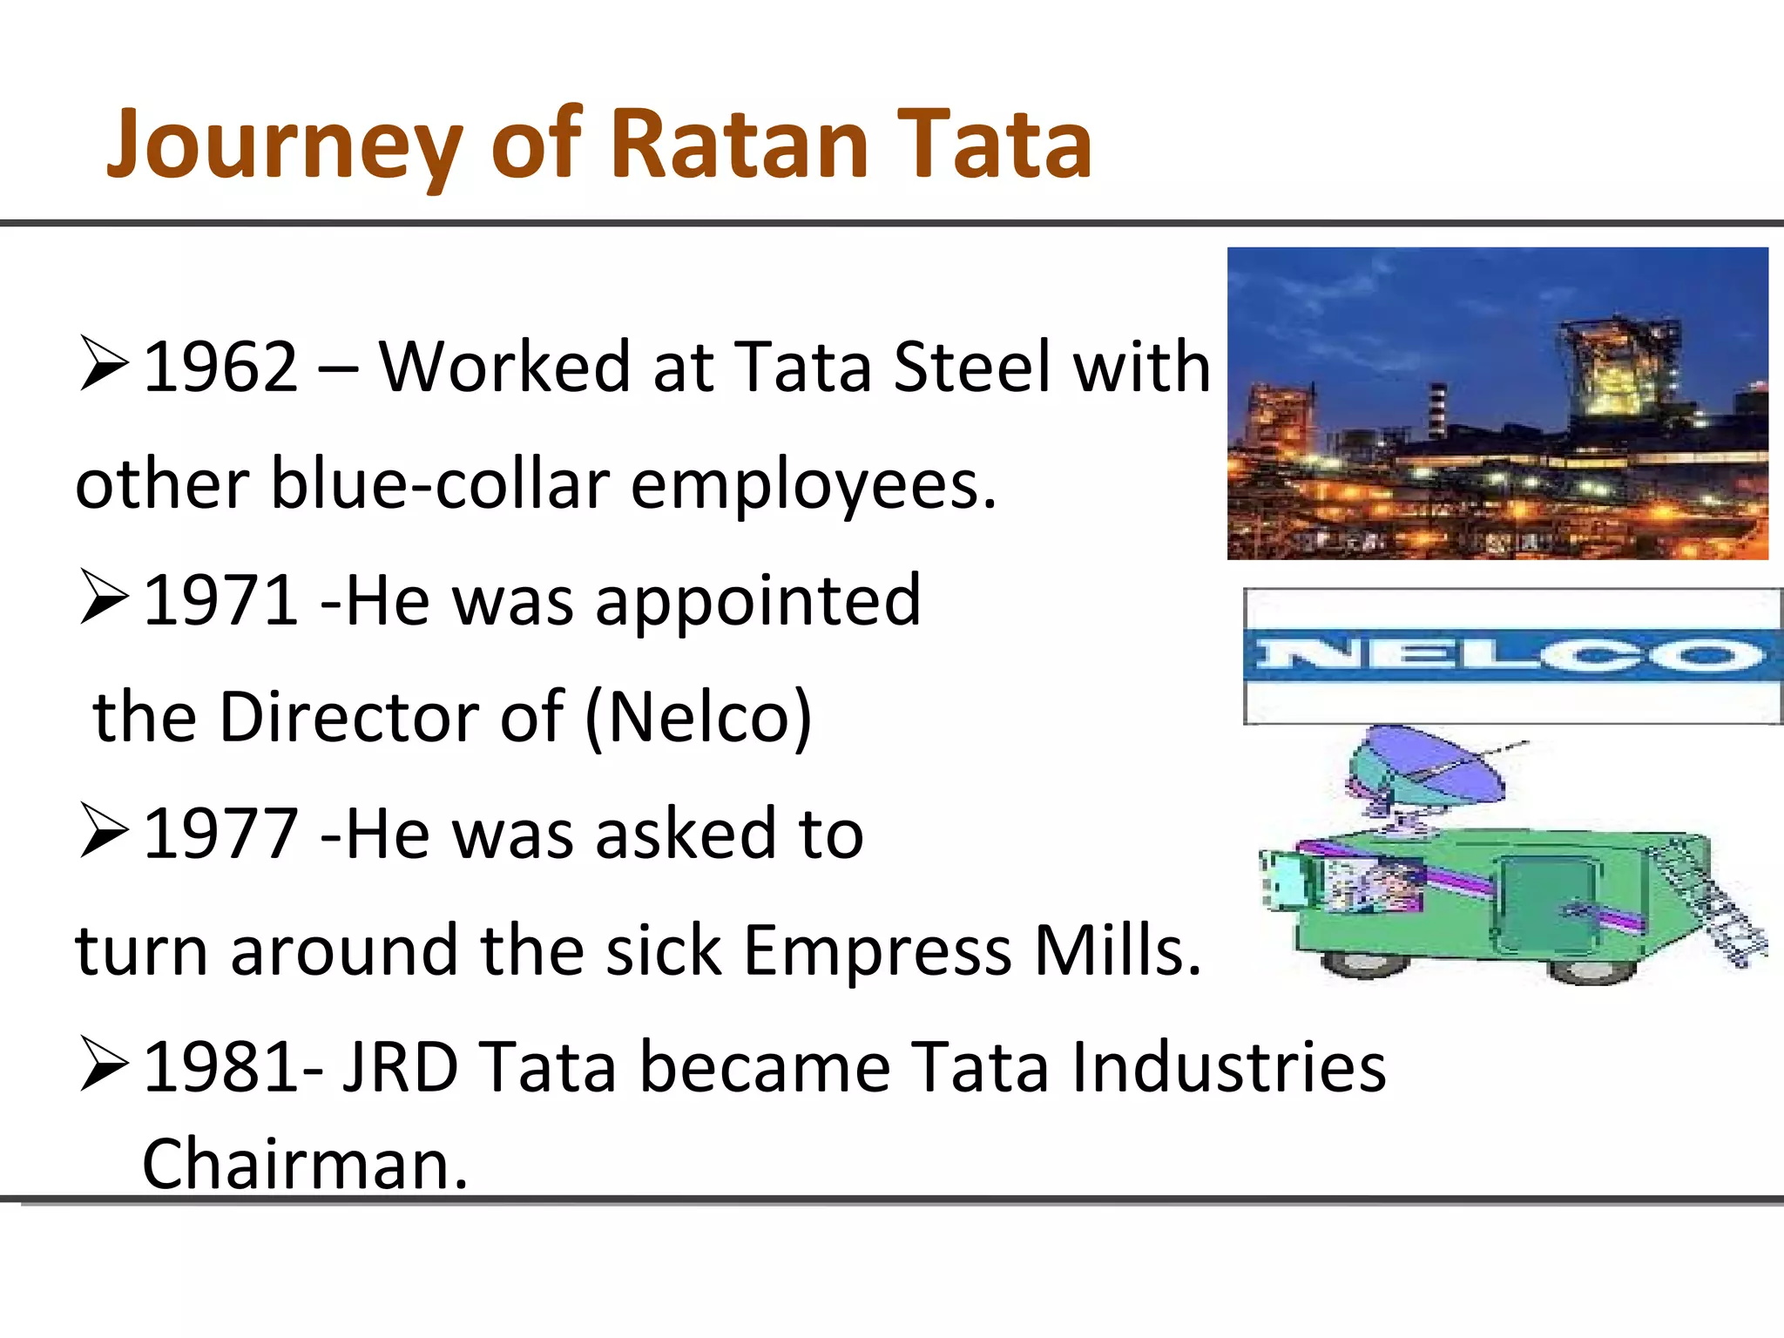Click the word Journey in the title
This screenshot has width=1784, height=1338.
coord(284,144)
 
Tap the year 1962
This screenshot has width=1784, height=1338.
coord(220,368)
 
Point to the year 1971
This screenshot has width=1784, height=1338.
coord(220,601)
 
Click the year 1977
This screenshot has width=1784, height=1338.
coord(220,835)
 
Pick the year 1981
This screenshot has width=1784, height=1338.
coord(220,1068)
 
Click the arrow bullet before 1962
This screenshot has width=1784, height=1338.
coord(104,364)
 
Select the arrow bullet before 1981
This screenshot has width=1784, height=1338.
coord(104,1064)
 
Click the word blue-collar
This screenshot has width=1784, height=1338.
coord(440,484)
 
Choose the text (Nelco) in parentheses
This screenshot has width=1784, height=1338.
coord(699,718)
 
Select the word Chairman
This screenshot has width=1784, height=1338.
coord(305,1166)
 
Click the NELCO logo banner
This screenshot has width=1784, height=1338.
coord(1512,656)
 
